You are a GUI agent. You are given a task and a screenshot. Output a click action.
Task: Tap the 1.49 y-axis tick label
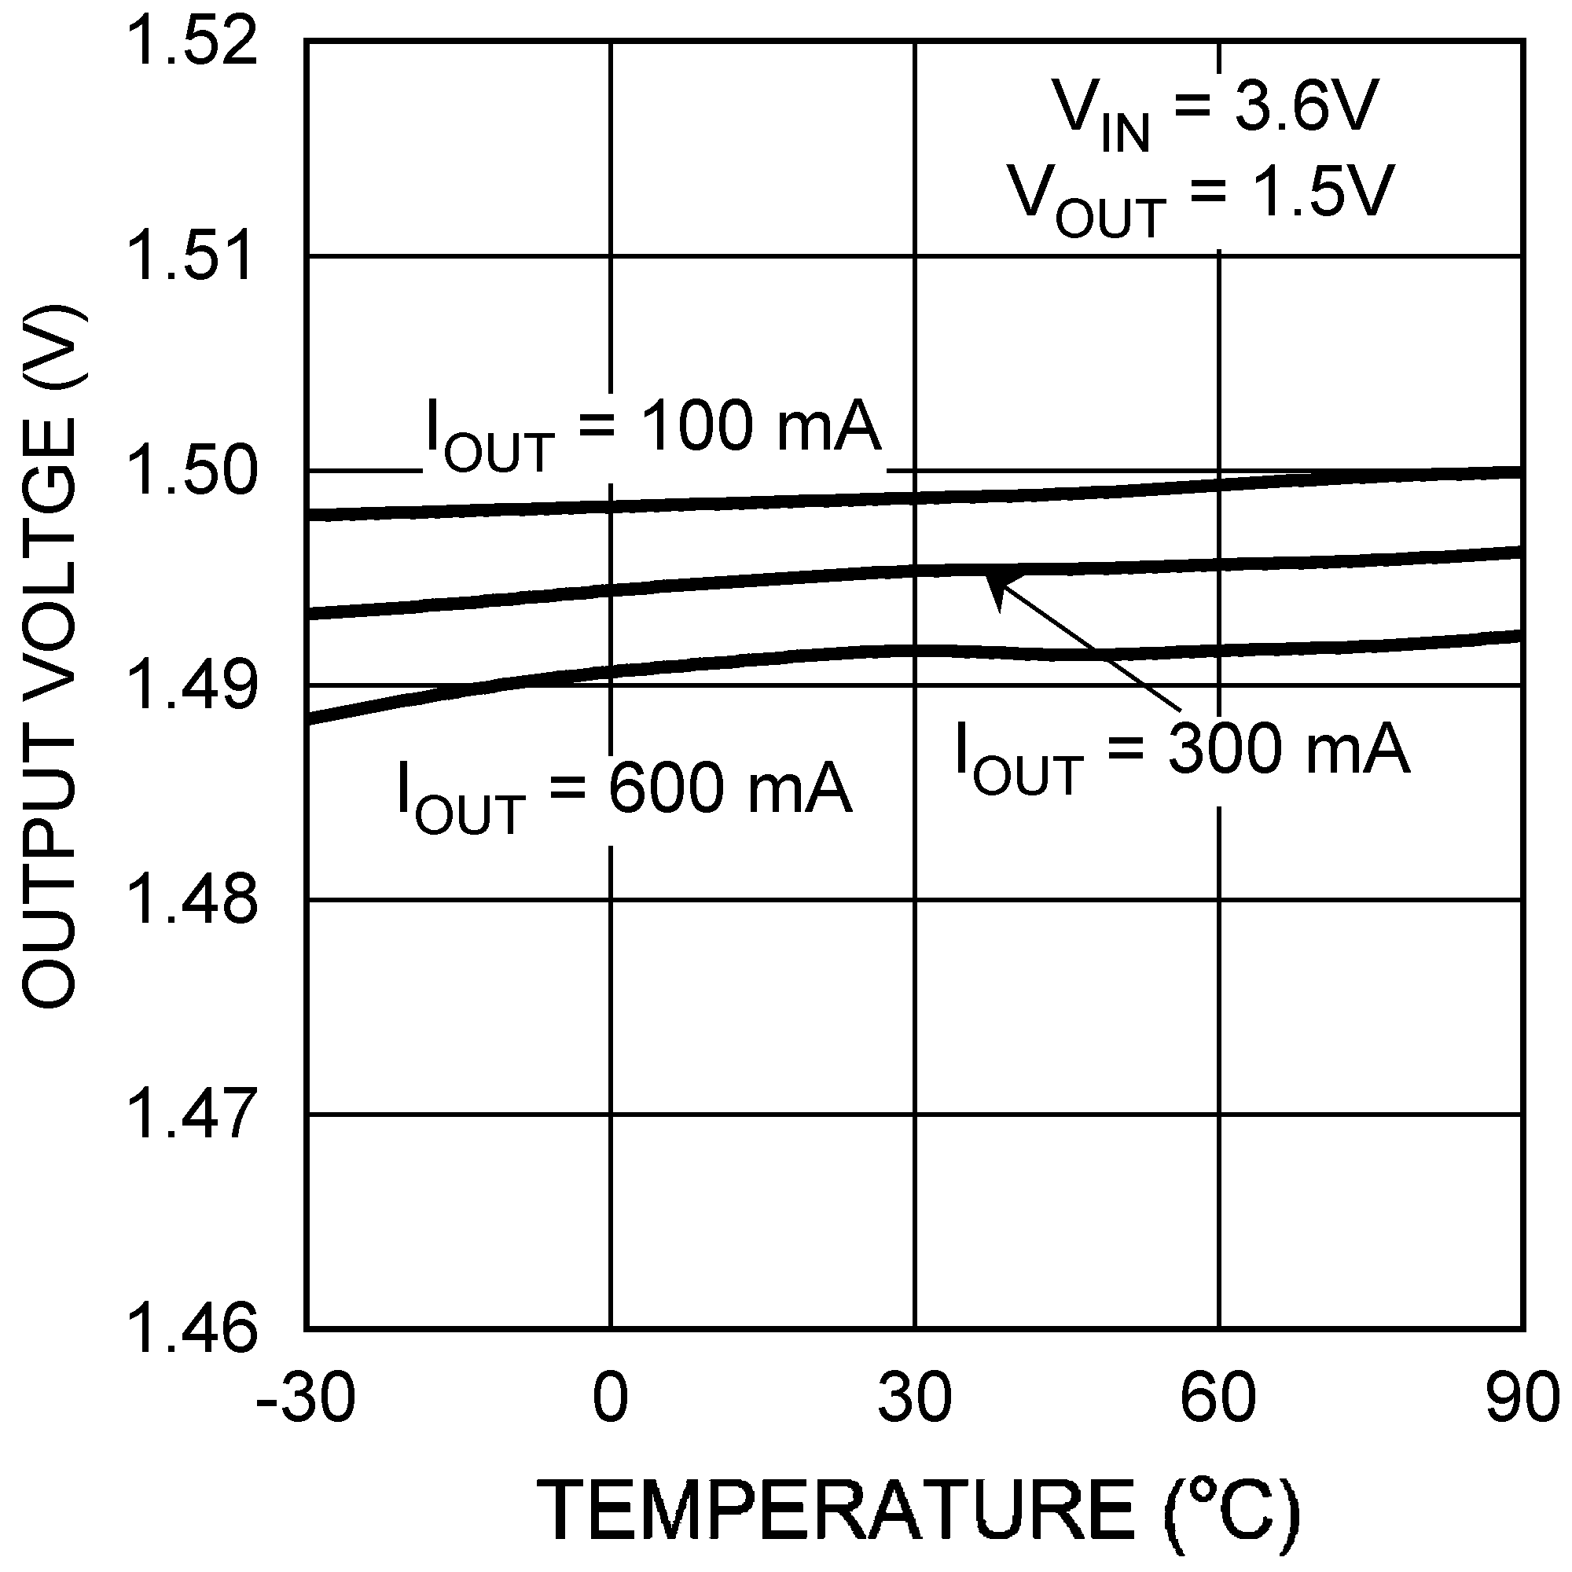point(193,685)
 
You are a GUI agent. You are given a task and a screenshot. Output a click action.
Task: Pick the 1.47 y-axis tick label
point(193,1114)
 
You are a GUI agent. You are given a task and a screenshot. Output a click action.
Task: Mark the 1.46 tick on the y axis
point(193,1328)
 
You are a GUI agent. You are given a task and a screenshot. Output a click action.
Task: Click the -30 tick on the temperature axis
point(305,1399)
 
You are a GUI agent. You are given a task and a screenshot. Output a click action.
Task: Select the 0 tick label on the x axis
point(610,1399)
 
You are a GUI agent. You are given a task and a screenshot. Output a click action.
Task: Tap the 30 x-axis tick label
point(915,1399)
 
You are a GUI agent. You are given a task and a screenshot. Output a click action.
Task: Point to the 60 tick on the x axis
point(1218,1399)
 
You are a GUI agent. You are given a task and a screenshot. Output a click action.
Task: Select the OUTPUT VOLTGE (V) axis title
point(50,657)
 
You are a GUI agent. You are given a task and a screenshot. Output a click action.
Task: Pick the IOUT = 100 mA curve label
point(653,433)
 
